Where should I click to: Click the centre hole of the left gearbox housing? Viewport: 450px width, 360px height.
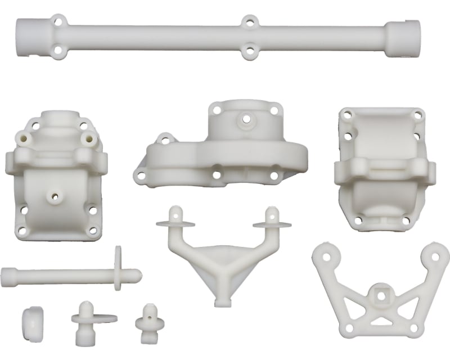[x=55, y=196]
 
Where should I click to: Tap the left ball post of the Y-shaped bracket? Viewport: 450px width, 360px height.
[x=174, y=214]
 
